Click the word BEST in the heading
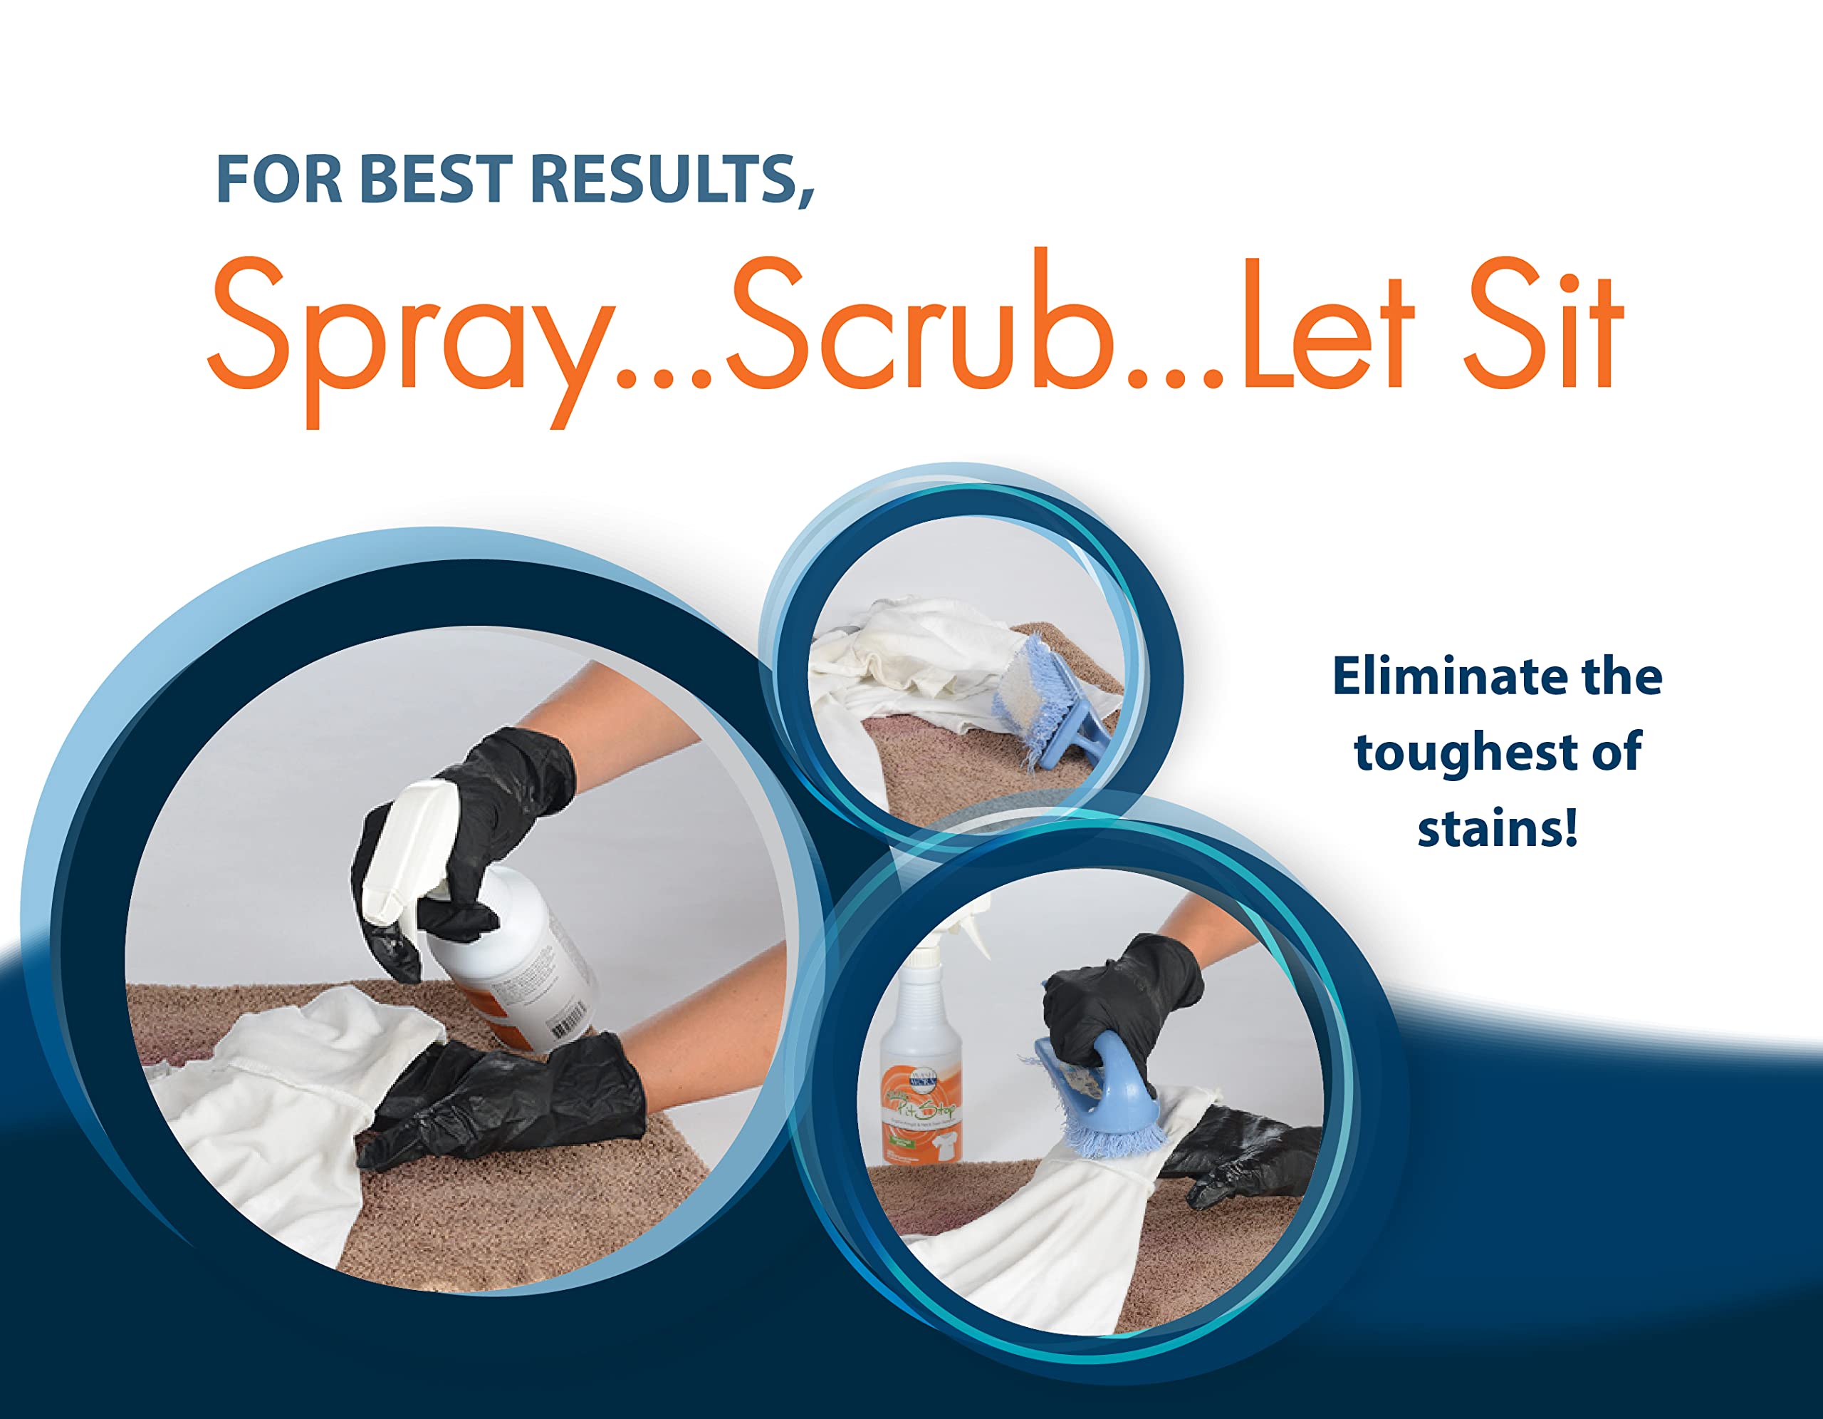436,179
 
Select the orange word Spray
409,334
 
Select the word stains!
1498,830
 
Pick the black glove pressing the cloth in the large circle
509,1103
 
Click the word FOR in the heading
278,179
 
